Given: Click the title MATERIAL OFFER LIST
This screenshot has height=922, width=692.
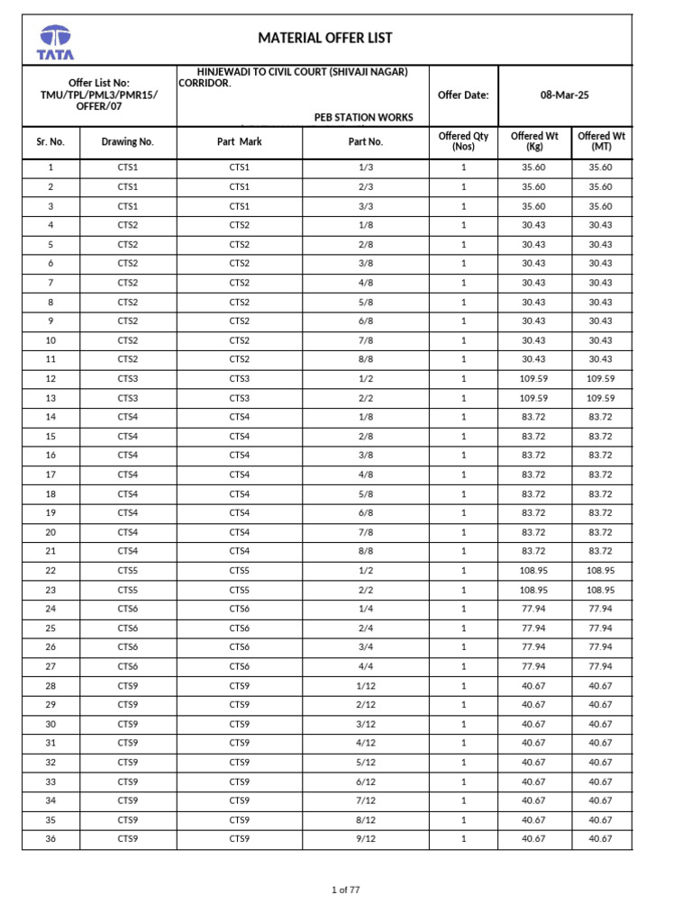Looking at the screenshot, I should [325, 38].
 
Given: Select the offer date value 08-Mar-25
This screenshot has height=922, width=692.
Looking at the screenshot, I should [565, 95].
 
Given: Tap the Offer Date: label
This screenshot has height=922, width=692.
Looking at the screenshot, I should [461, 95].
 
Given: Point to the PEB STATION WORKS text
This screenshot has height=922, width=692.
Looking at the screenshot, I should [364, 117].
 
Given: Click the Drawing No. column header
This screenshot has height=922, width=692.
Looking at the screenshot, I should [128, 141].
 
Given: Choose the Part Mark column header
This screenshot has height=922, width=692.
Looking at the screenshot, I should [240, 141].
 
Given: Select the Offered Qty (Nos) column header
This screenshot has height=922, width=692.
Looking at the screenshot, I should [463, 141].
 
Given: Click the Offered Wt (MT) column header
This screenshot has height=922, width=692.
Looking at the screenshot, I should [601, 141].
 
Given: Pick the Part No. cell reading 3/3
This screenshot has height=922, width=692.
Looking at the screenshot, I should [365, 206].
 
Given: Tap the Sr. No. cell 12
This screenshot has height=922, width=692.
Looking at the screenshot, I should [50, 379].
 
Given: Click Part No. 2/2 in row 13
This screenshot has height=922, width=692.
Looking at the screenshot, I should [365, 398].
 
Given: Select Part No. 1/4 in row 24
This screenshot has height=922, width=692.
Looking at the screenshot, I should [365, 609].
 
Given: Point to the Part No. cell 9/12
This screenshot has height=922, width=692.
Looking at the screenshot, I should [365, 839].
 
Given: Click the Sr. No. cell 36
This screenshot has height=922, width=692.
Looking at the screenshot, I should [50, 839].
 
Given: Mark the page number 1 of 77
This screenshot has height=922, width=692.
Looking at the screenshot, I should [346, 890].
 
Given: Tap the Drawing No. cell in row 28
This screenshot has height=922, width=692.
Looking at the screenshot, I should [128, 686].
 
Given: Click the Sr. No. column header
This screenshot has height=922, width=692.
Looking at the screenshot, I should [50, 141].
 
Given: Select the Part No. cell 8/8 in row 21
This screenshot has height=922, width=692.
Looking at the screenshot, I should [365, 551].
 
